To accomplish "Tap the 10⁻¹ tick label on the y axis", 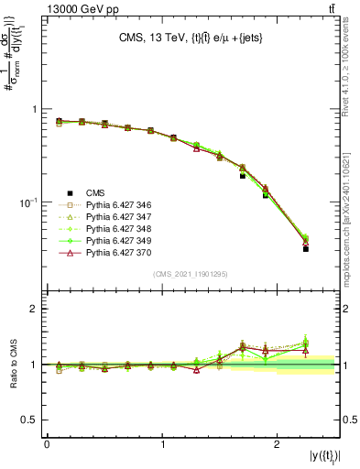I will click(x=26, y=202).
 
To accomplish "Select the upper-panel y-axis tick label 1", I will click(x=34, y=109).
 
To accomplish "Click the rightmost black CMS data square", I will click(x=306, y=248).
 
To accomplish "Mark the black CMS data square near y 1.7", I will click(x=243, y=175).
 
